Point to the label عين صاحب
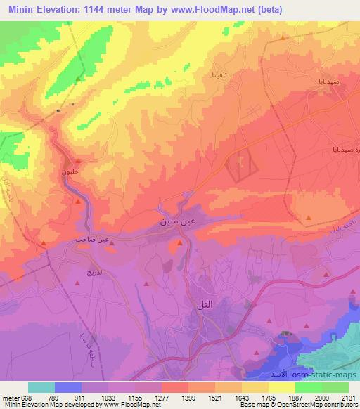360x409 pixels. coord(91,240)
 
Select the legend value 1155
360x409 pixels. coord(136,398)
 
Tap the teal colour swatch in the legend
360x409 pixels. coord(41,387)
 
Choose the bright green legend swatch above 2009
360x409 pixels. coord(309,387)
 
